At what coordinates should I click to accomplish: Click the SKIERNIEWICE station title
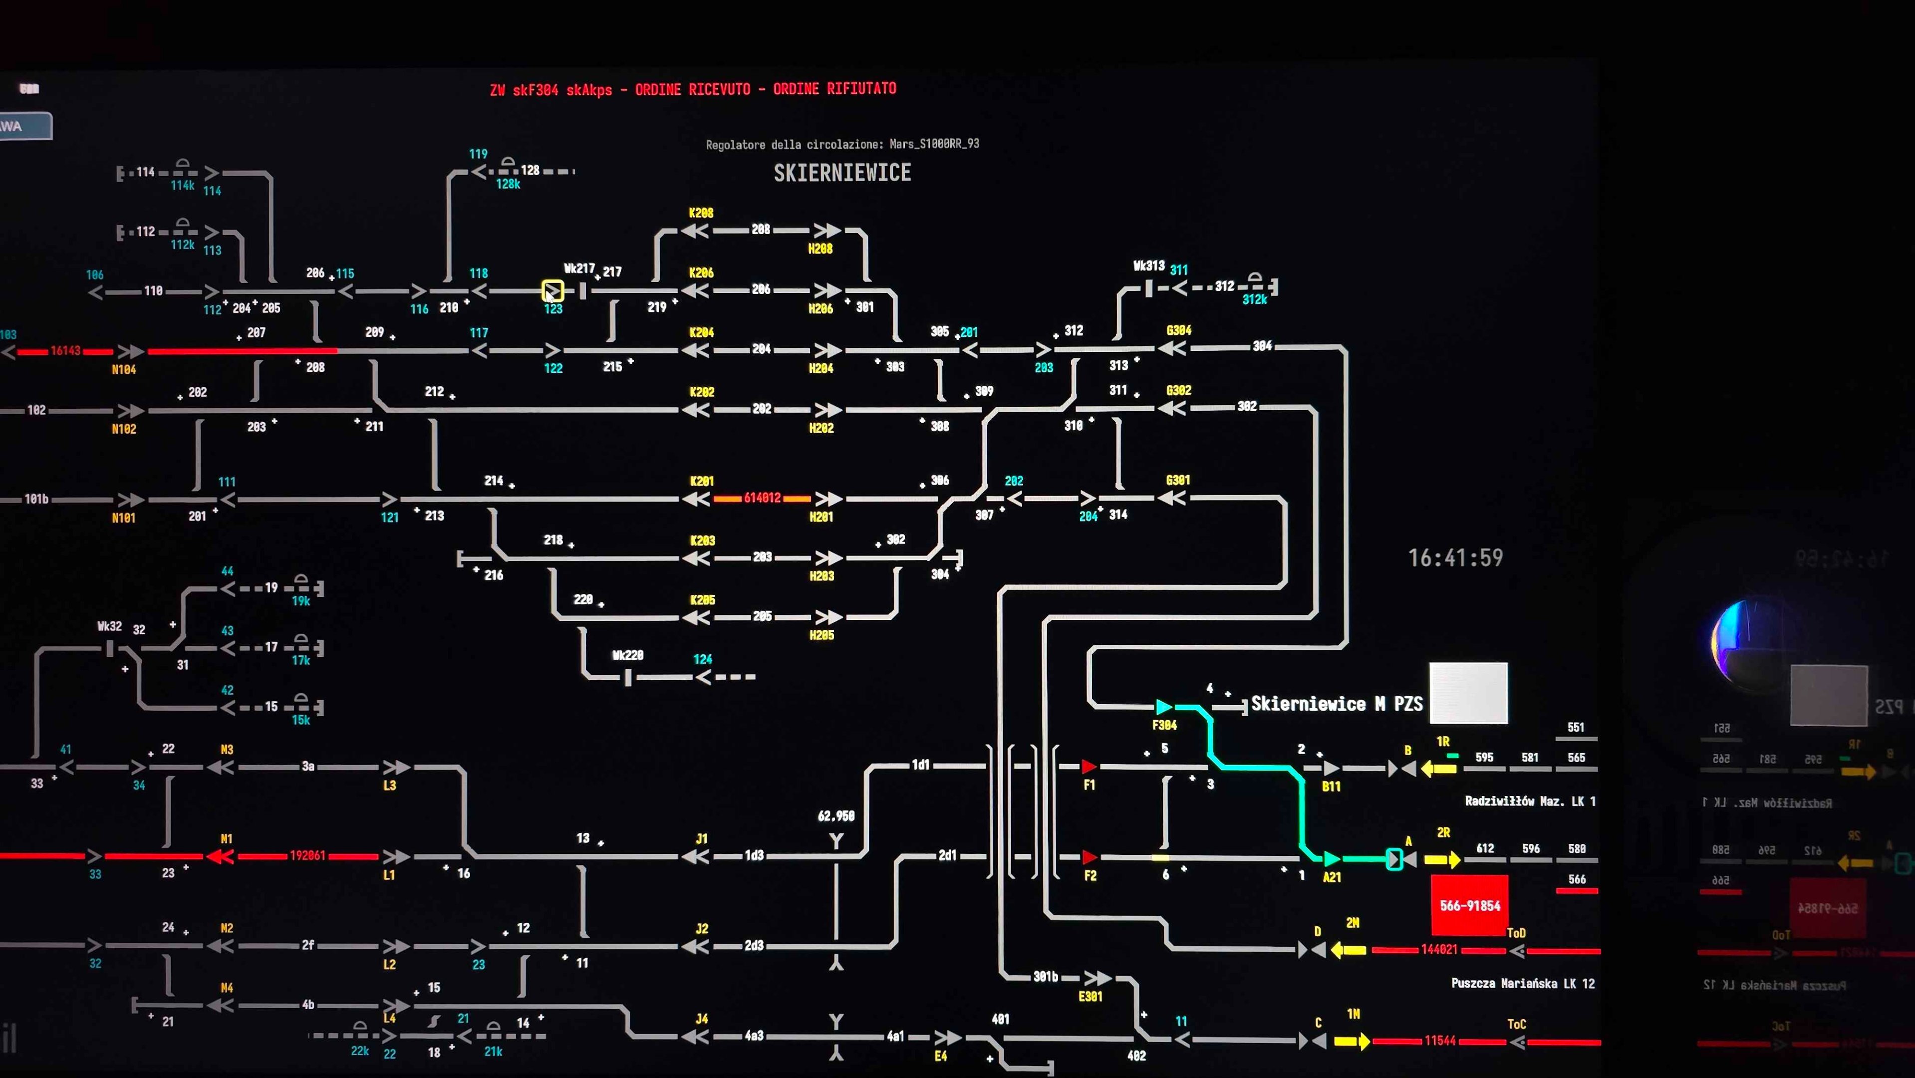(x=842, y=173)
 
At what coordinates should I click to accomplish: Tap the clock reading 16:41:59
(x=1455, y=557)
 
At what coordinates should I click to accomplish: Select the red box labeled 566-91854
(x=1470, y=905)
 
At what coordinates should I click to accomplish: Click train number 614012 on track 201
(x=762, y=498)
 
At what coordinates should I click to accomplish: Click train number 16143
(x=65, y=351)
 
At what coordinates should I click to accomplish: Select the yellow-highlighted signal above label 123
(x=552, y=290)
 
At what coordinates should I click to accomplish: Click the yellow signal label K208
(x=701, y=214)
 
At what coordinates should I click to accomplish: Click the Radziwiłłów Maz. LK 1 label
(x=1530, y=802)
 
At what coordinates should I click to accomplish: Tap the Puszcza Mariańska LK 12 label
(x=1523, y=984)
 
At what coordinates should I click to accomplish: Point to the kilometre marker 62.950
(x=835, y=816)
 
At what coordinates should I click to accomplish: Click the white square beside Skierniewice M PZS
(x=1468, y=693)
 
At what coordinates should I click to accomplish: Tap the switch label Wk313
(x=1148, y=266)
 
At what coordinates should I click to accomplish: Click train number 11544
(x=1440, y=1041)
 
